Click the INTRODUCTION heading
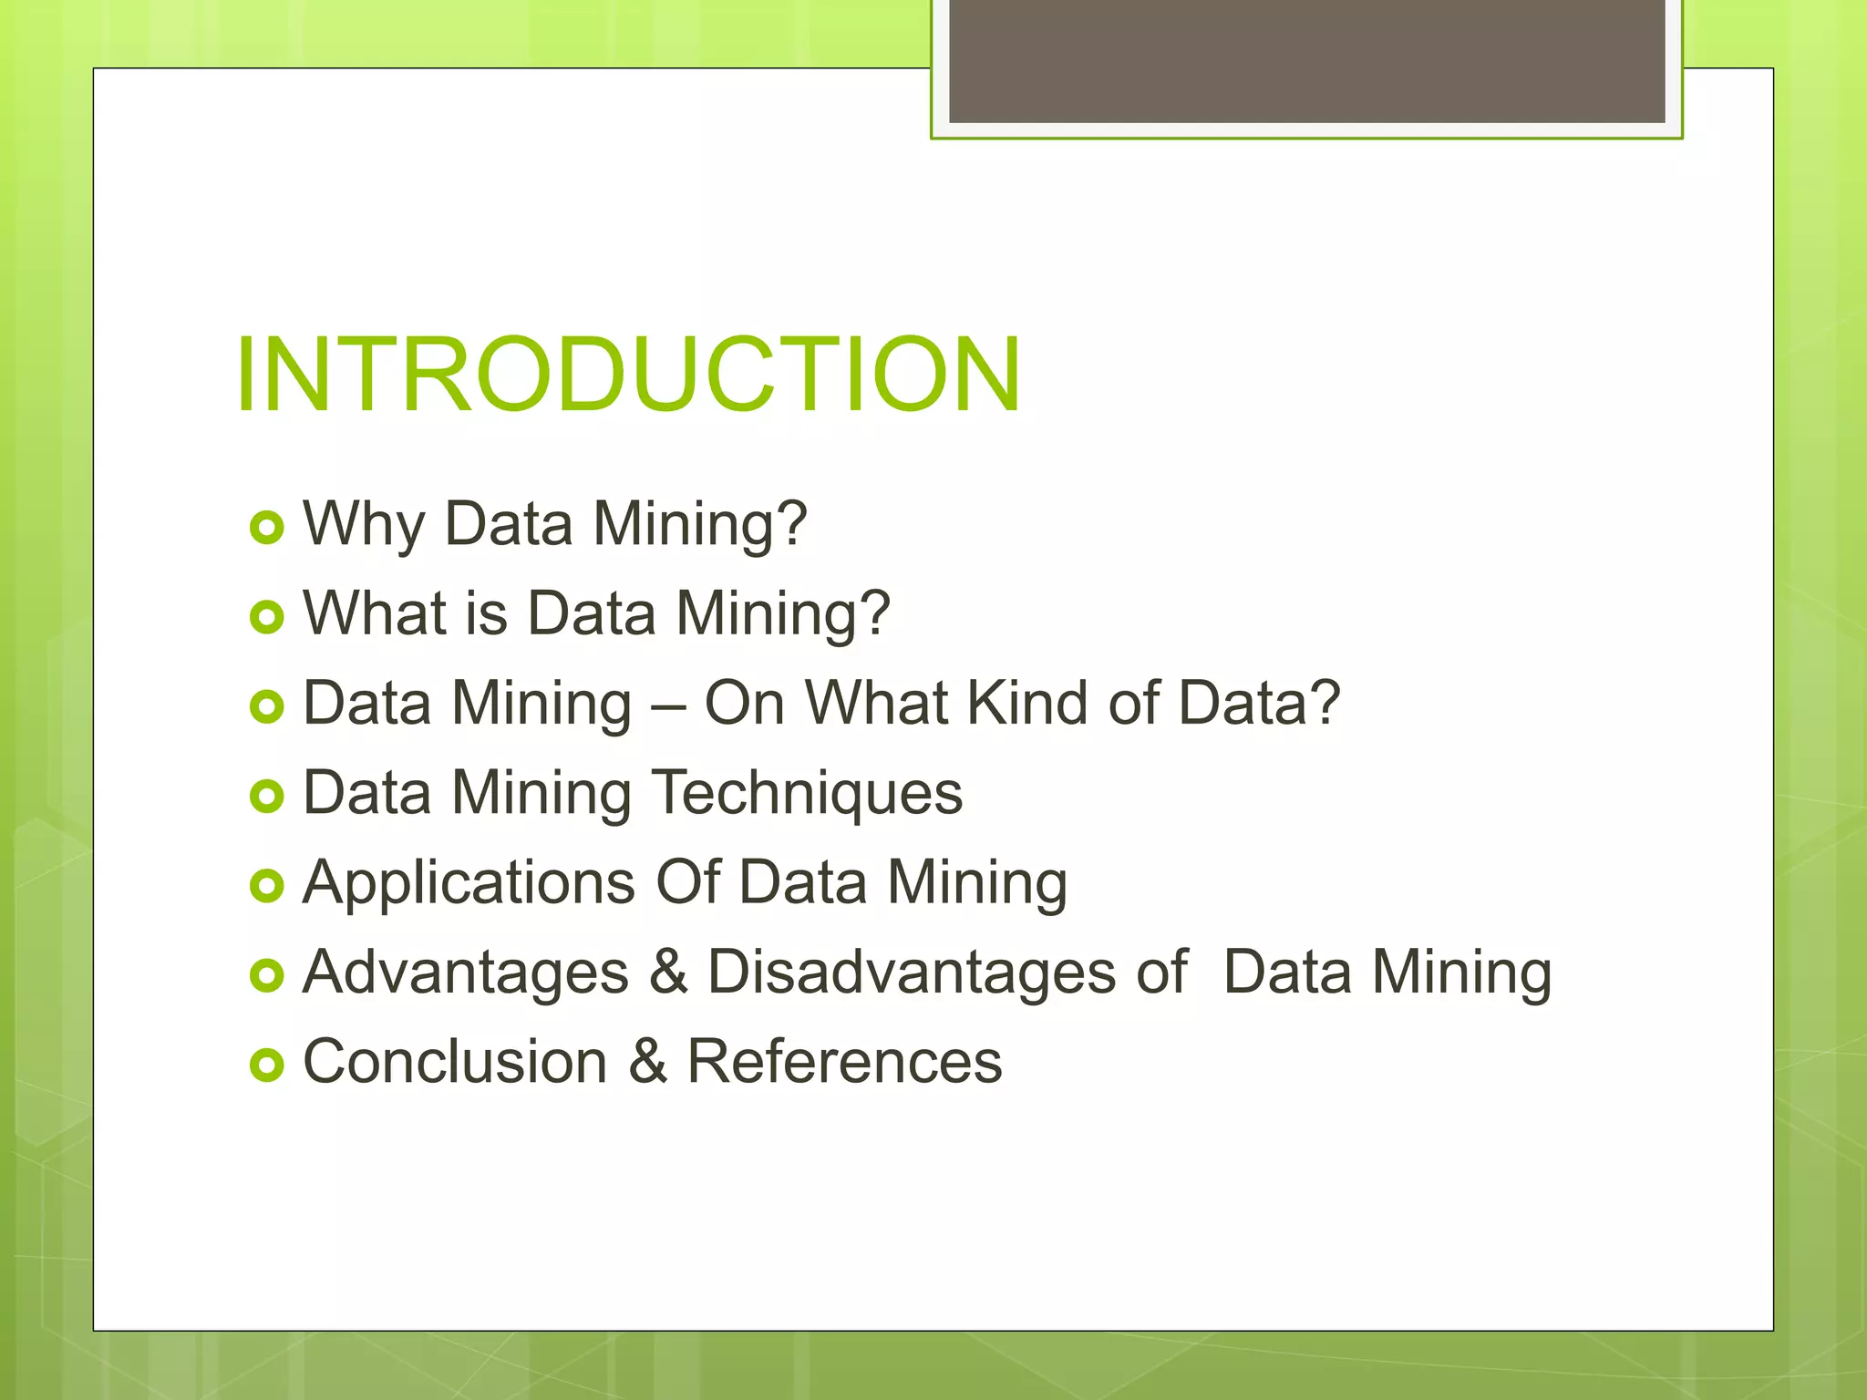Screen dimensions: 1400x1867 click(627, 375)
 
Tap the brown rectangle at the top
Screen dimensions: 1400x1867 click(1306, 60)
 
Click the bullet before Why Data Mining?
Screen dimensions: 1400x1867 click(266, 528)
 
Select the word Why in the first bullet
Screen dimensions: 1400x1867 click(364, 525)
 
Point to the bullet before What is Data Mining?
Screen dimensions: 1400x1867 click(266, 617)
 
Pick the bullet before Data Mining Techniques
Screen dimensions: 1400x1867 click(266, 797)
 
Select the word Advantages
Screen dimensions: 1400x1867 click(466, 973)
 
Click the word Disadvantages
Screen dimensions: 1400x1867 click(912, 972)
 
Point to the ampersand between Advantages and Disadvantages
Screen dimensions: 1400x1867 click(668, 972)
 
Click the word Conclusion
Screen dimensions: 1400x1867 click(455, 1062)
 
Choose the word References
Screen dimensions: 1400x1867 click(844, 1062)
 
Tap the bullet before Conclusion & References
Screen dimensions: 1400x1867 click(266, 1065)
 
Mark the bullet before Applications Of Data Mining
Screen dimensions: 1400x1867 click(266, 885)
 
